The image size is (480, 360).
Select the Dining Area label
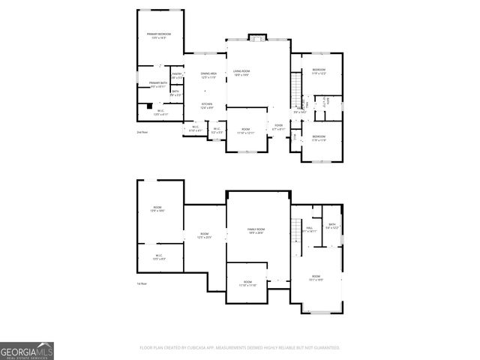pyautogui.click(x=208, y=74)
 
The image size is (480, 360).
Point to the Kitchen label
pyautogui.click(x=207, y=105)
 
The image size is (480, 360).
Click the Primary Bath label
pyautogui.click(x=157, y=84)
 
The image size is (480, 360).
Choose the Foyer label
pyautogui.click(x=278, y=127)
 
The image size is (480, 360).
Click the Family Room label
pyautogui.click(x=257, y=230)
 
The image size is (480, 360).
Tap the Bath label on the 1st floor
pyautogui.click(x=331, y=226)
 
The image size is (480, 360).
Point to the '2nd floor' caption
pyautogui.click(x=142, y=133)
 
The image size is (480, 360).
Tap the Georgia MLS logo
pyautogui.click(x=26, y=350)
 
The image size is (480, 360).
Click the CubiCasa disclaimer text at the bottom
pyautogui.click(x=240, y=348)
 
